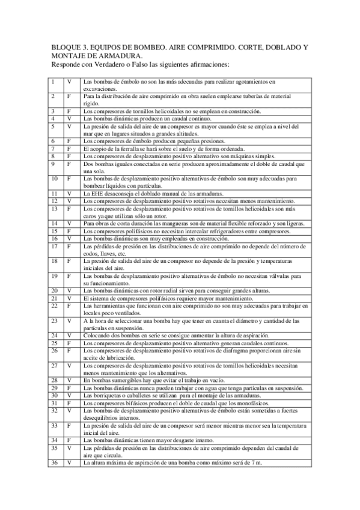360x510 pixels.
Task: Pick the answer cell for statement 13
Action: [69, 208]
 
